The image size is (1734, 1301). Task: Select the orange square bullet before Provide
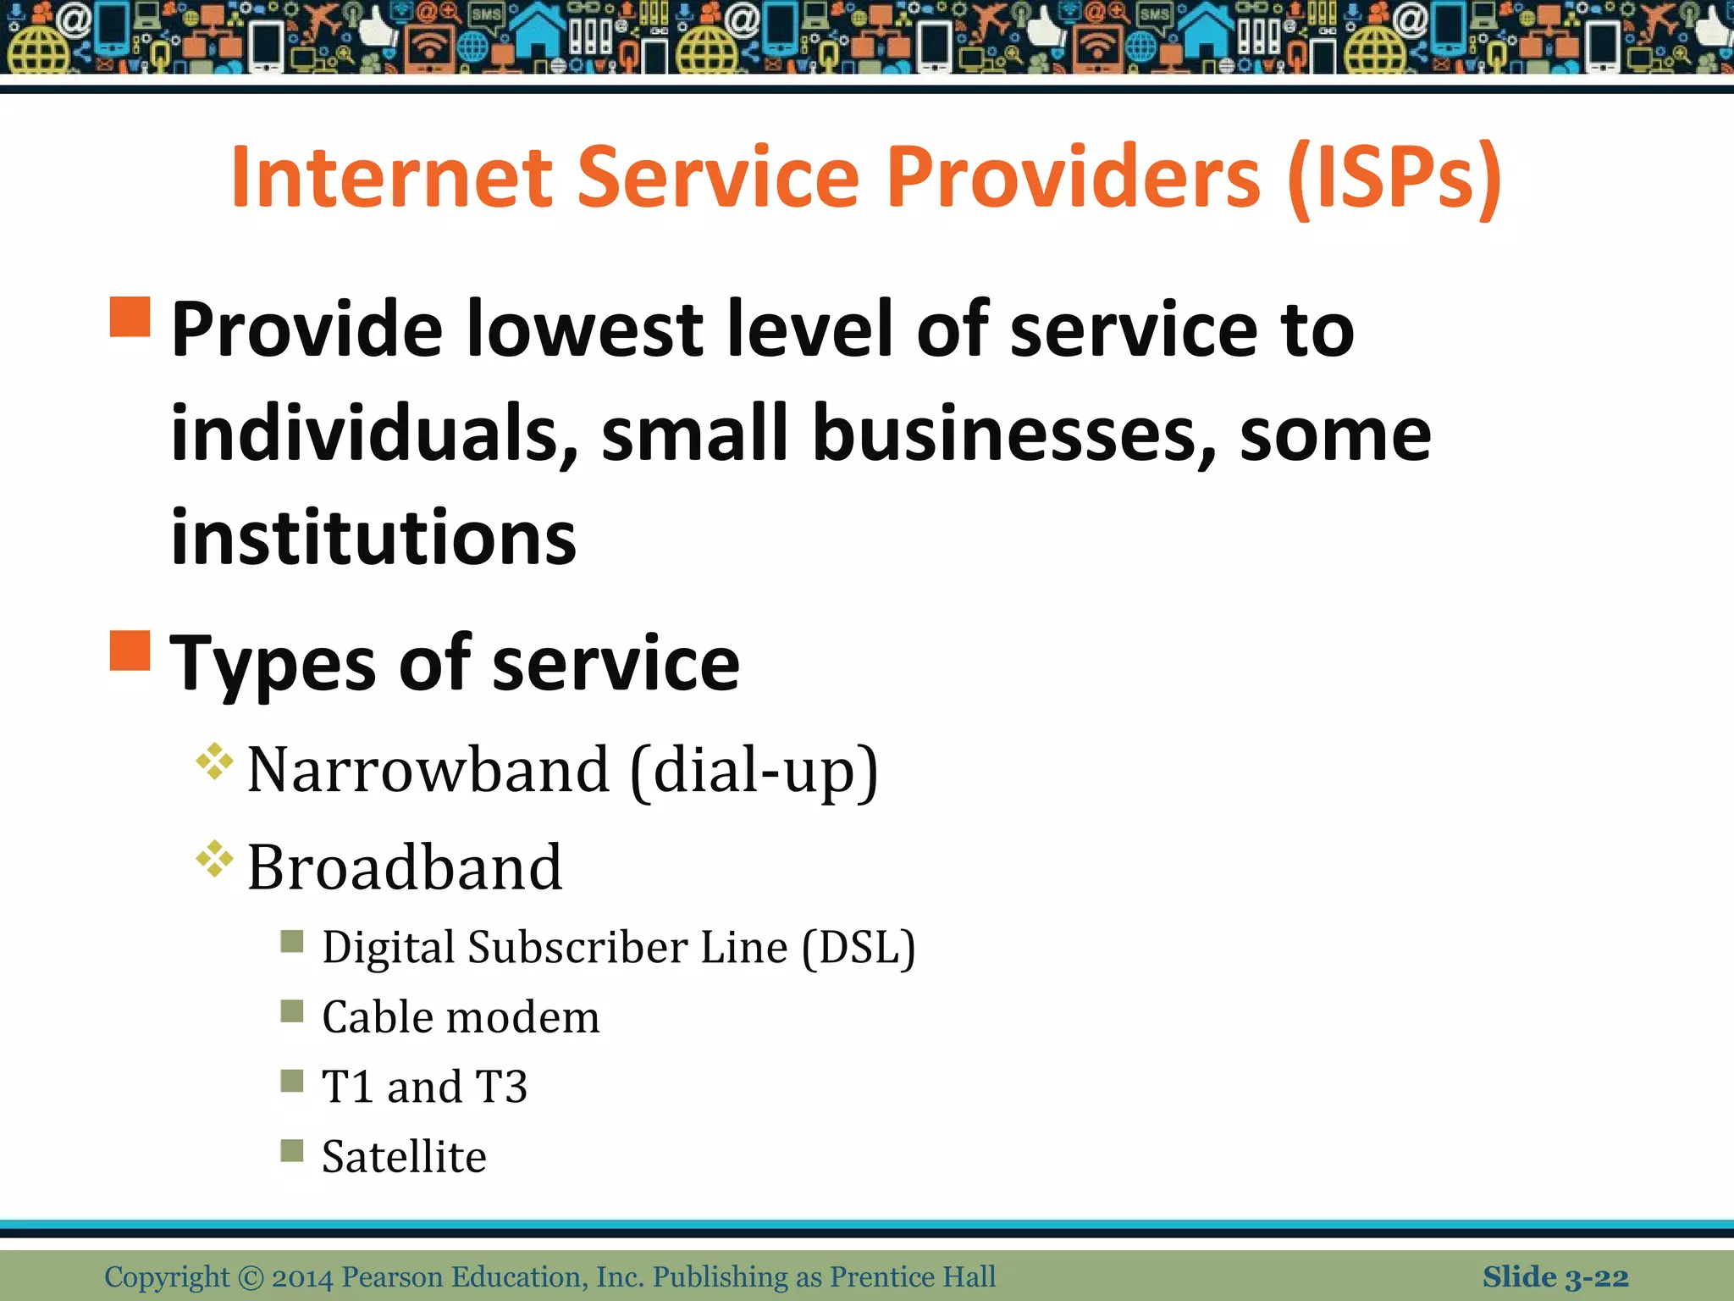point(130,317)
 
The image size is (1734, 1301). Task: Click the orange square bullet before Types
point(130,650)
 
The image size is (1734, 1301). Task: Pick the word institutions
point(373,537)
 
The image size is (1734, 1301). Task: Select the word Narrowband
point(428,769)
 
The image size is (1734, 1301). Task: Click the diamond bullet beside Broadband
point(214,860)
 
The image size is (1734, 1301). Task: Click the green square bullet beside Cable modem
point(292,1010)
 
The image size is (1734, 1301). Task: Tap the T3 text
point(501,1087)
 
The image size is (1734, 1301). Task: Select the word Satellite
point(404,1156)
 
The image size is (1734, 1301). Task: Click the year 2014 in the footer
point(302,1276)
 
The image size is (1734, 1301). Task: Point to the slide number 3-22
point(1596,1277)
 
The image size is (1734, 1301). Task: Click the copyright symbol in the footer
point(251,1276)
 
